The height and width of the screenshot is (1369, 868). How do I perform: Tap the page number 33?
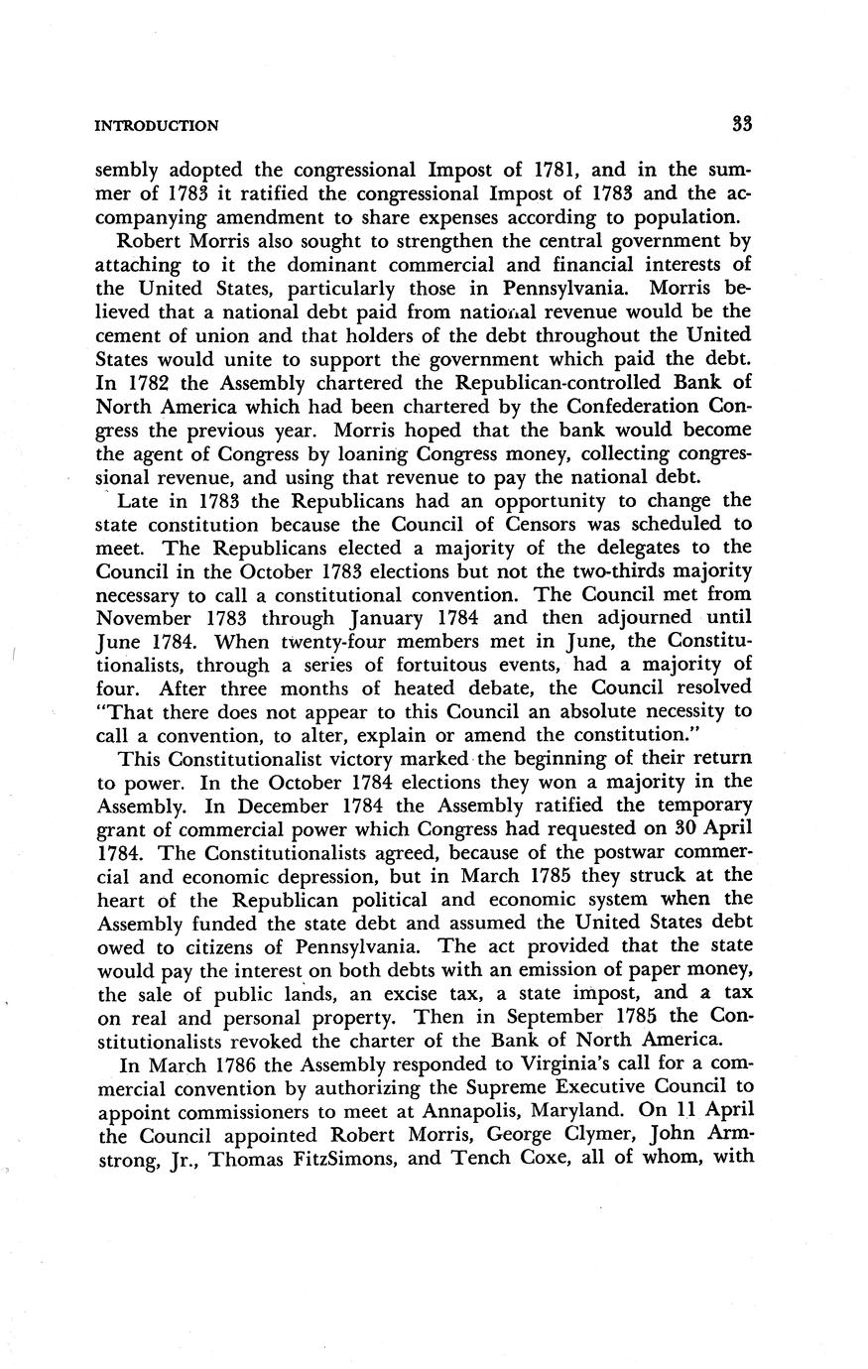pyautogui.click(x=743, y=124)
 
